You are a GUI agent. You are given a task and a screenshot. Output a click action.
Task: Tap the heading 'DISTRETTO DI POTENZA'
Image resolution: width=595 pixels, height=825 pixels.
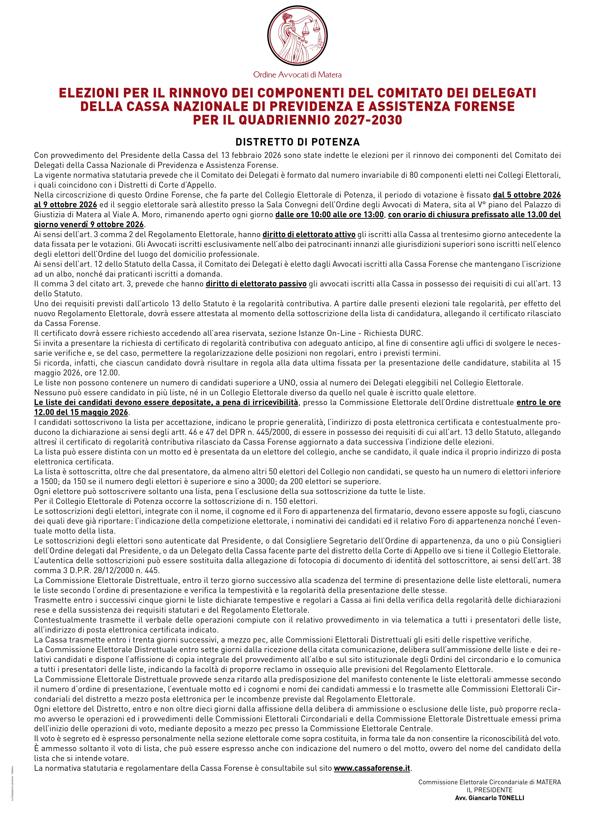point(297,142)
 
